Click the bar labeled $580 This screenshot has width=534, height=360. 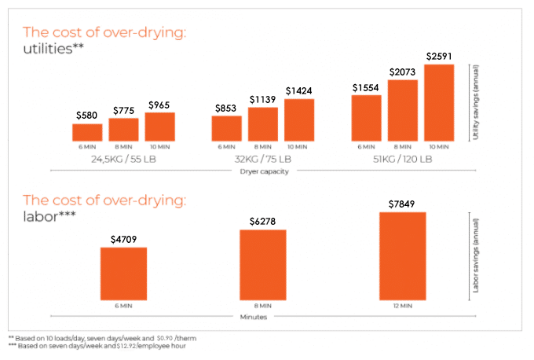click(88, 132)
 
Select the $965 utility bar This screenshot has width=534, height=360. click(159, 127)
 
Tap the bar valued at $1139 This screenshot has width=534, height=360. click(262, 124)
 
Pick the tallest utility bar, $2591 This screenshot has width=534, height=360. click(439, 102)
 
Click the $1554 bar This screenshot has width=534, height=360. click(366, 117)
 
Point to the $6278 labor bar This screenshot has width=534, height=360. click(263, 265)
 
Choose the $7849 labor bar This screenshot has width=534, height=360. click(402, 256)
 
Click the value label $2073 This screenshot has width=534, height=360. click(402, 72)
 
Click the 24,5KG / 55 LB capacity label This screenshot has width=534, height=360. click(123, 159)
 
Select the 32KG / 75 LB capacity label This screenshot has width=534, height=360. click(263, 159)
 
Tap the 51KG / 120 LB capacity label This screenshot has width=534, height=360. click(402, 159)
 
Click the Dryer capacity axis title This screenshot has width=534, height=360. click(263, 172)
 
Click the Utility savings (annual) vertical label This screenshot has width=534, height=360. click(476, 103)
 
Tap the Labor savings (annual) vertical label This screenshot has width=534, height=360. click(476, 253)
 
